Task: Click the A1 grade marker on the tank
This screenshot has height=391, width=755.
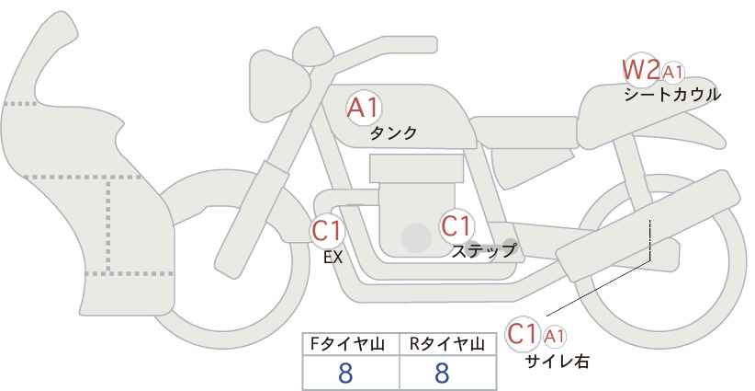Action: click(x=364, y=108)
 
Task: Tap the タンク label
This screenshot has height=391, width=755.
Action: click(x=393, y=133)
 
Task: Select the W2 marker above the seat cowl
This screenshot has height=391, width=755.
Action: click(x=640, y=69)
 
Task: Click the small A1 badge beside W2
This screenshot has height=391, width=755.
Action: click(x=673, y=72)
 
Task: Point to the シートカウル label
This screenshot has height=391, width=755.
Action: click(x=671, y=95)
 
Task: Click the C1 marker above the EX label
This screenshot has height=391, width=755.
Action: click(x=326, y=231)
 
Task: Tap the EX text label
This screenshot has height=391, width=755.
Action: click(x=332, y=258)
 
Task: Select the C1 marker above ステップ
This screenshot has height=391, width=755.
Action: click(x=456, y=225)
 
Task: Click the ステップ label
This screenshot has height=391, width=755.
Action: click(x=483, y=250)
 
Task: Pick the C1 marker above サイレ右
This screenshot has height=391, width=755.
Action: click(x=523, y=333)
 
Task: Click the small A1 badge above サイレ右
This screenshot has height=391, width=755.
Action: click(x=555, y=335)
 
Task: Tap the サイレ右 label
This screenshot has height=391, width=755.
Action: click(x=556, y=362)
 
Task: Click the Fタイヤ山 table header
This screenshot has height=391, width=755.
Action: click(x=350, y=343)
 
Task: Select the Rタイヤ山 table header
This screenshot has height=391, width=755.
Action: click(x=448, y=343)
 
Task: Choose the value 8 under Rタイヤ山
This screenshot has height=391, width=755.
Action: click(x=442, y=373)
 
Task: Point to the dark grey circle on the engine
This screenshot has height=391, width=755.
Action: click(x=416, y=238)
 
